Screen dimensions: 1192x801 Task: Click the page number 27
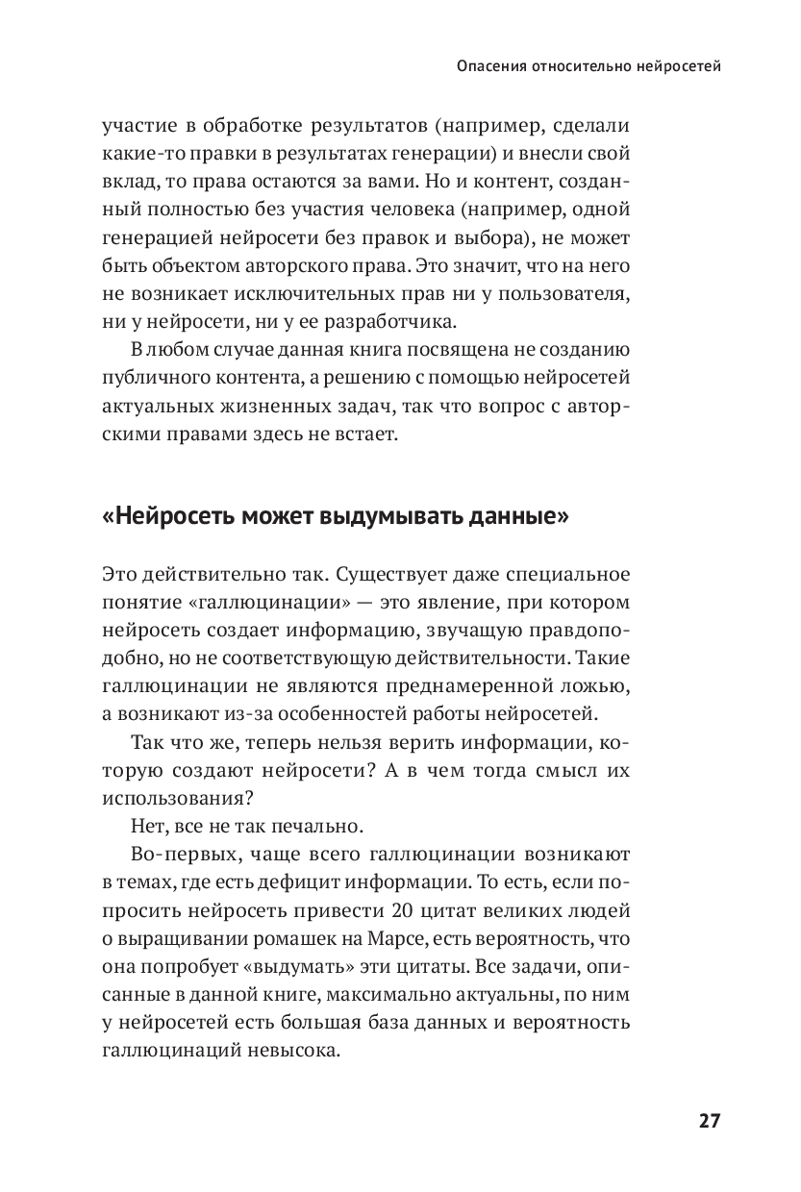710,1121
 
